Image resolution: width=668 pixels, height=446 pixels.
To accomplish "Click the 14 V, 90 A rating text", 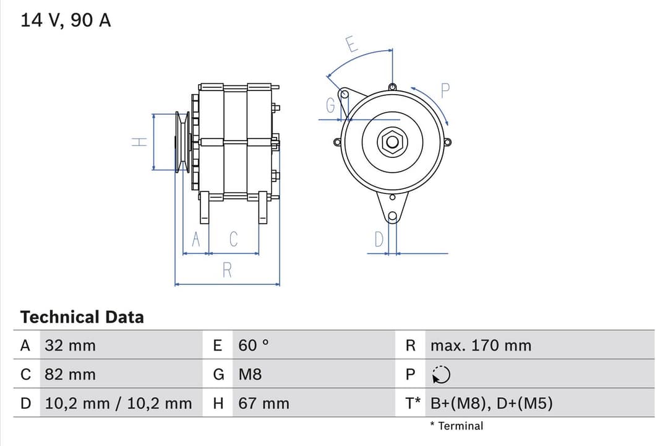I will point(66,20).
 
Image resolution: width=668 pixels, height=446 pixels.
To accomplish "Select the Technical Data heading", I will point(82,317).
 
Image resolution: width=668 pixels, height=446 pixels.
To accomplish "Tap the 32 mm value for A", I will point(70,345).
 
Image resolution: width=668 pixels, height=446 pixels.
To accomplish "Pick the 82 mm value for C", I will point(70,374).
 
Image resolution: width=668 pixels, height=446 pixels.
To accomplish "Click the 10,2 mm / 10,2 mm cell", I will point(118,403).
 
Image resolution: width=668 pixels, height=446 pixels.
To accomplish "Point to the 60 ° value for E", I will point(254,345).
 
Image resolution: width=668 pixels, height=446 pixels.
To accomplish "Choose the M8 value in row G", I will point(250,374).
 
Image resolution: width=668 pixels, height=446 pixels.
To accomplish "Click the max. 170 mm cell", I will point(481,345).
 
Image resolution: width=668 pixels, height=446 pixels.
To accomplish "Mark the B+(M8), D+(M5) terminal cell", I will point(491,403).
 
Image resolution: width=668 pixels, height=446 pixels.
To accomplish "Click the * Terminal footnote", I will point(456,426).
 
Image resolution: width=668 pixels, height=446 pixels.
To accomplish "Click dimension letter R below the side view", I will point(227,270).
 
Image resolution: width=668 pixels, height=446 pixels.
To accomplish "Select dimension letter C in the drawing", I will point(233,239).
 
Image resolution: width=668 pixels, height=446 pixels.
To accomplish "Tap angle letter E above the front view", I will point(351,45).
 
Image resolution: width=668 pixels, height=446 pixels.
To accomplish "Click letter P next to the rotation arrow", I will point(445,91).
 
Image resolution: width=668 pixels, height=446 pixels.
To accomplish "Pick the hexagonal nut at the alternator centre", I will point(392,142).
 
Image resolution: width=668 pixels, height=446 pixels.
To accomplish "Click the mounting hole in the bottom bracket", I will point(392,216).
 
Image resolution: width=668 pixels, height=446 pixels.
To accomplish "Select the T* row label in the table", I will point(413,403).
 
